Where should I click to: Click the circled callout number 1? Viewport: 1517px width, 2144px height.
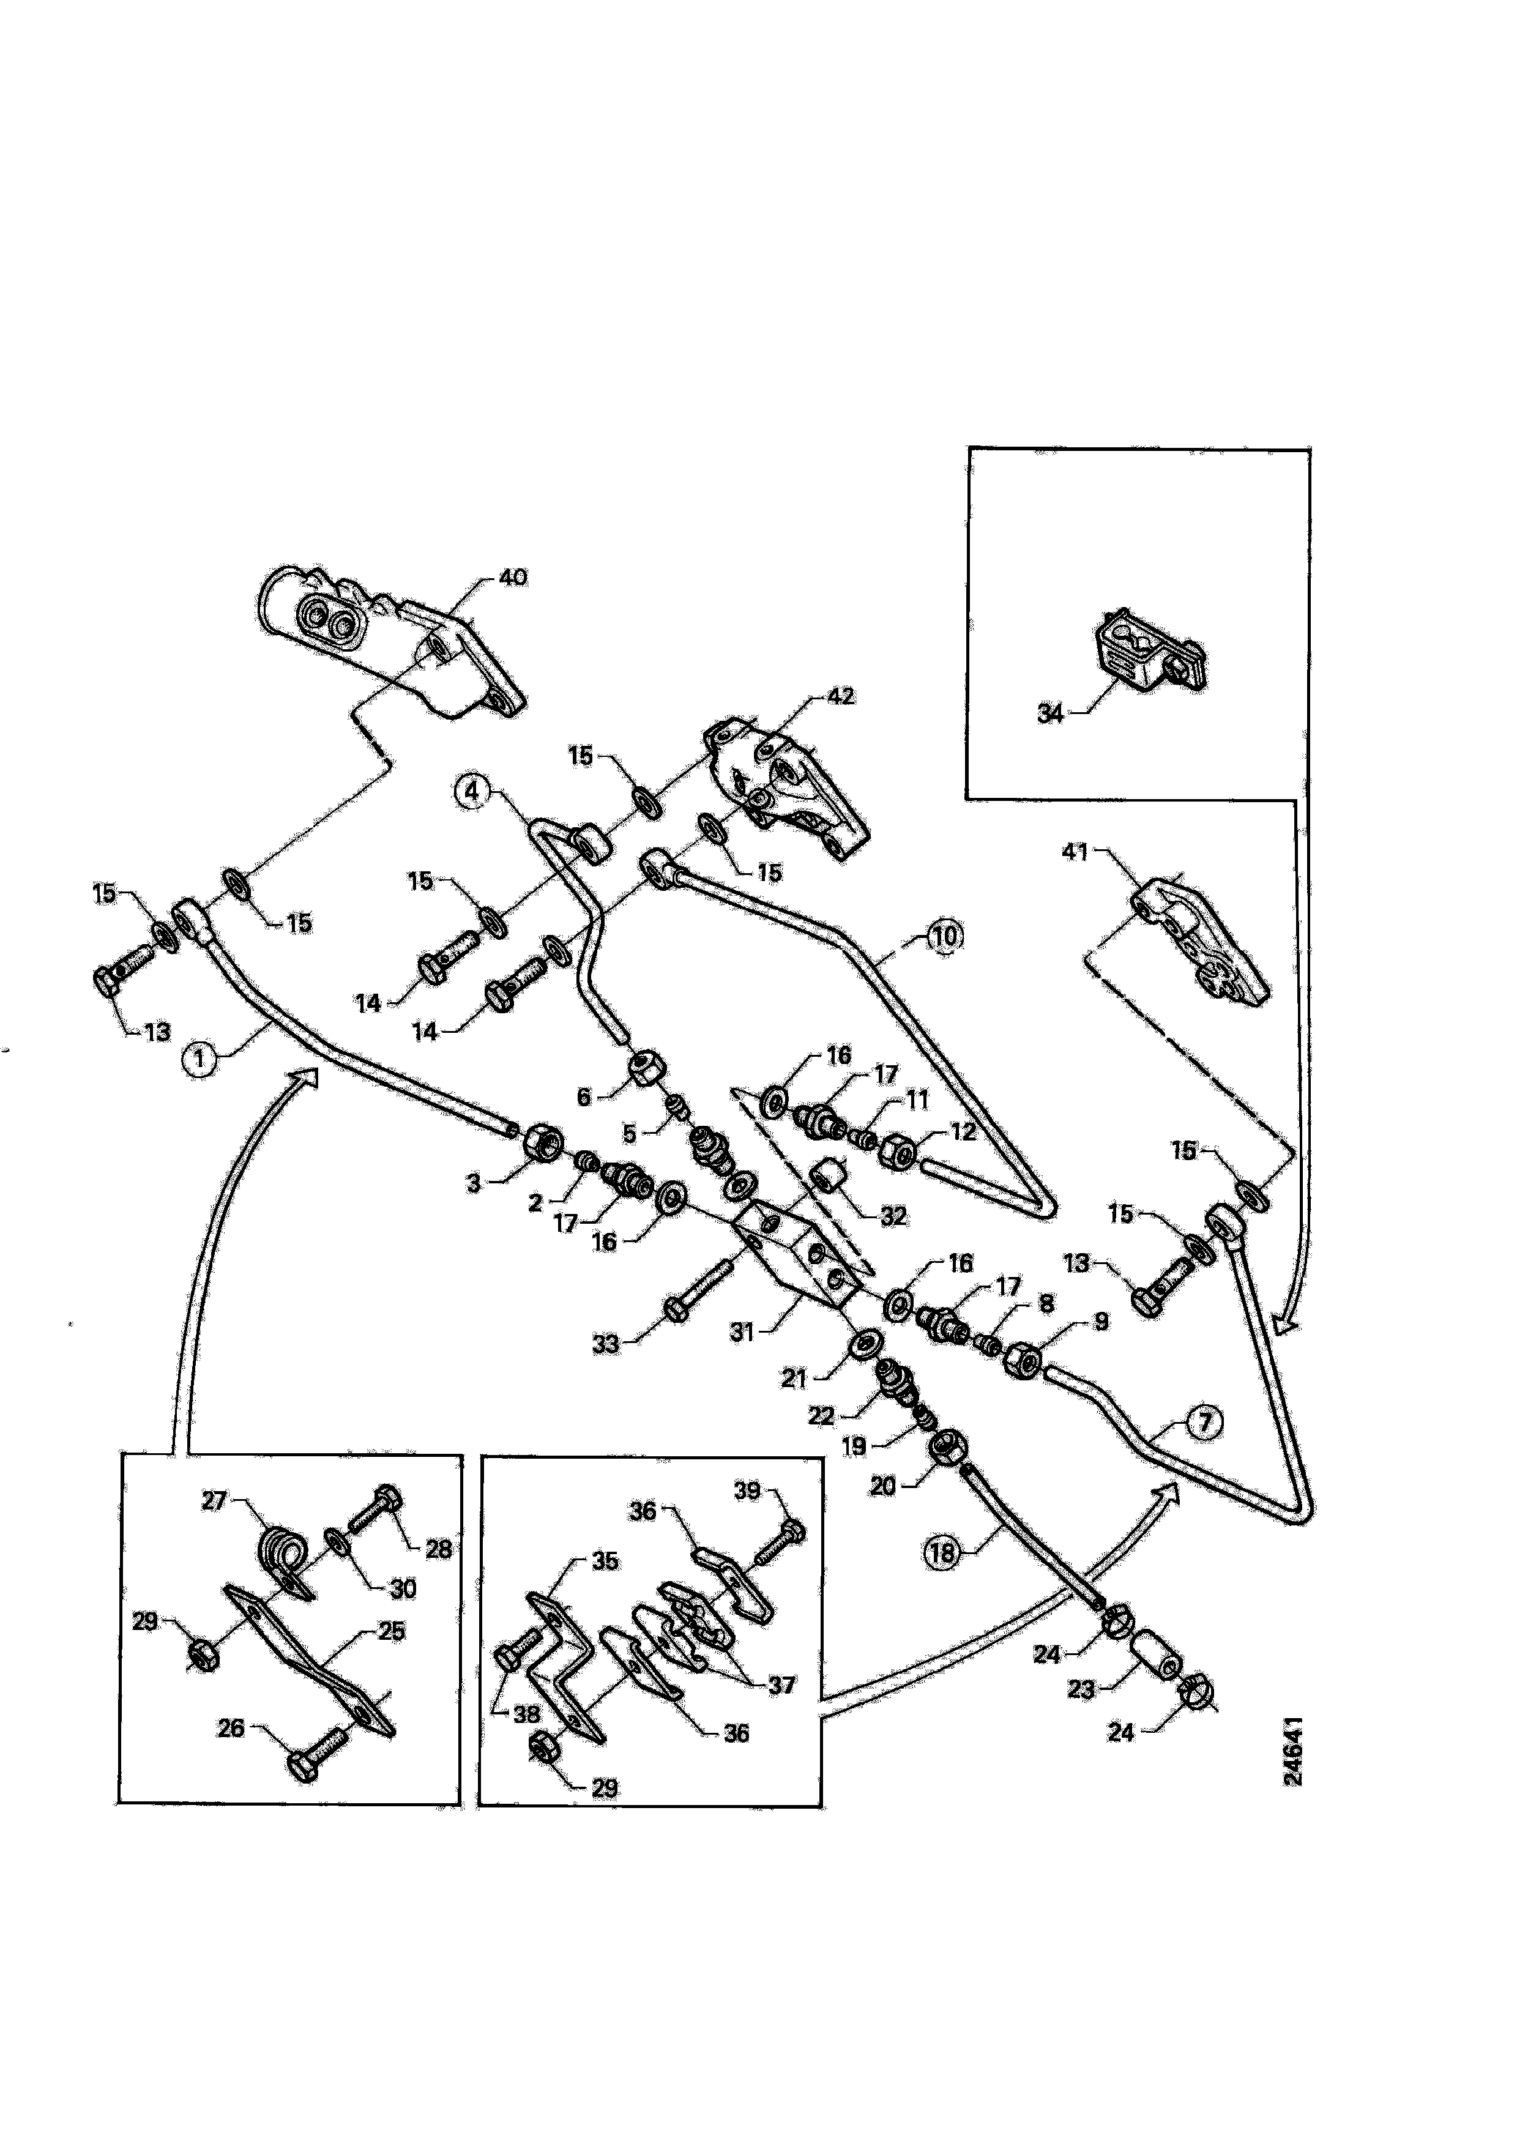tap(198, 1060)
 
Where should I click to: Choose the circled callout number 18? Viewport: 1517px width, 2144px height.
tap(942, 1552)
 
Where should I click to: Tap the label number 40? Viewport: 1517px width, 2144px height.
tap(513, 578)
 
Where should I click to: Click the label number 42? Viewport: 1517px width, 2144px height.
tap(840, 696)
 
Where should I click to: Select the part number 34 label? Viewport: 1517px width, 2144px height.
tap(1051, 713)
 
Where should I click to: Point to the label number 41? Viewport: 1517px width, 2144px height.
tap(1076, 852)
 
